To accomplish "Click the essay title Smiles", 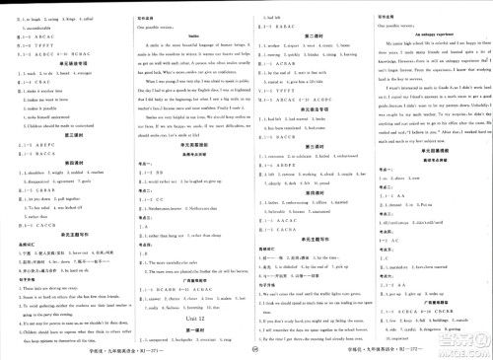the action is [x=180, y=33].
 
